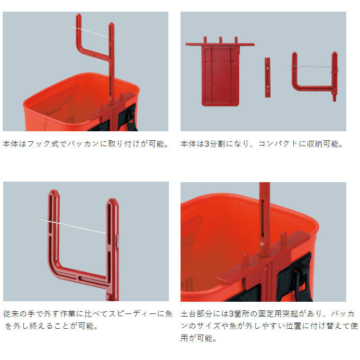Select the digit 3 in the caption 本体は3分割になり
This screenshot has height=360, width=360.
pyautogui.click(x=206, y=144)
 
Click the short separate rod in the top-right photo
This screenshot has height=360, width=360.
pyautogui.click(x=267, y=77)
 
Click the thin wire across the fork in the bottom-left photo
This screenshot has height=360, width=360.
pyautogui.click(x=73, y=227)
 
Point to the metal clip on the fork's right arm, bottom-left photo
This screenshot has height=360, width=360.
pyautogui.click(x=117, y=242)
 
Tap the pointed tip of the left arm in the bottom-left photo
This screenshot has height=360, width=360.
pyautogui.click(x=53, y=191)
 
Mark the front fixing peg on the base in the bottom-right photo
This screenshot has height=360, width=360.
pyautogui.click(x=245, y=259)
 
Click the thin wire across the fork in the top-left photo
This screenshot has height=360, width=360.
pyautogui.click(x=89, y=32)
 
